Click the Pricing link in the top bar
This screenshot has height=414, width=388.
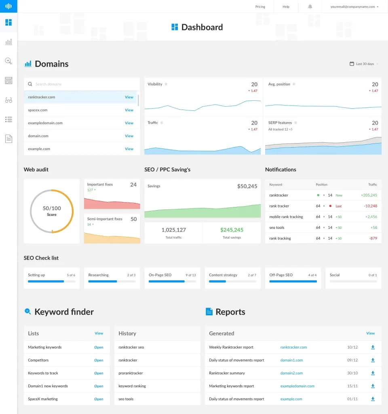point(260,7)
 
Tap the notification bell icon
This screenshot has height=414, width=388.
point(310,7)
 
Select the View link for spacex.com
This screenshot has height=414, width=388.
point(129,110)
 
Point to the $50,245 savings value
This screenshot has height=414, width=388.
point(247,186)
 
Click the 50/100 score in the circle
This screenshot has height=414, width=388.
point(52,209)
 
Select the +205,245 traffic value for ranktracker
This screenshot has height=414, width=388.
point(369,195)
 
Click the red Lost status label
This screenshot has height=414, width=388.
point(339,206)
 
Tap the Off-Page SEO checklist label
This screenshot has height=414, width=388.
point(281,275)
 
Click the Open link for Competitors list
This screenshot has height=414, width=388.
point(99,360)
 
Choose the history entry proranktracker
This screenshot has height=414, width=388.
point(131,373)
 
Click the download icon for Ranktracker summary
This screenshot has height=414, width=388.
point(373,373)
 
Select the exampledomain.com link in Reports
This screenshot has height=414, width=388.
point(297,386)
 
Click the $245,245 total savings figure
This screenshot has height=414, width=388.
point(232,230)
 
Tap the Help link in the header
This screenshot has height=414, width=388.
point(286,7)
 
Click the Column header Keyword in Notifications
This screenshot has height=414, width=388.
point(276,185)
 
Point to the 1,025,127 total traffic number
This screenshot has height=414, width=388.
point(173,230)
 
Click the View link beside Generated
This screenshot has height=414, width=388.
point(370,333)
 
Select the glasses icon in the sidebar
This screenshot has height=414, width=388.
point(8,100)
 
